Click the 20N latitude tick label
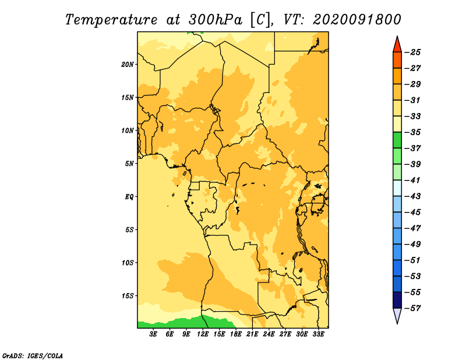click(128, 65)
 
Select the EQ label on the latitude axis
click(129, 197)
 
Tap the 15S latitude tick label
click(128, 296)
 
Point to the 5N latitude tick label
click(129, 164)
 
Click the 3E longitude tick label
click(153, 334)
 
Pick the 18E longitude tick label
click(236, 334)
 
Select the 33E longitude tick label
click(318, 334)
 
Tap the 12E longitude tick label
click(203, 334)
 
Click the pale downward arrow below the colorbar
click(397, 315)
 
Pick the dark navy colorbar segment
click(397, 300)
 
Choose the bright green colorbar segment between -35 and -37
click(397, 140)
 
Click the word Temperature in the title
click(111, 20)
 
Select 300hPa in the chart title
click(215, 20)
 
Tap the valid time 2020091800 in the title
click(357, 20)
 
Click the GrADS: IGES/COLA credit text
click(33, 356)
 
